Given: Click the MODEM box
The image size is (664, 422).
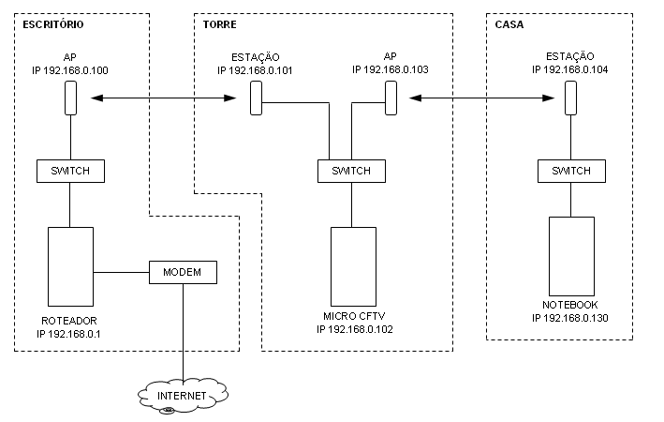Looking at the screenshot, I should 183,272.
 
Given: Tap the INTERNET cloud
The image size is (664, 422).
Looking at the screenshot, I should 182,397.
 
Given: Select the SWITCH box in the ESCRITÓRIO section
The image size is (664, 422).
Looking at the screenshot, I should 70,171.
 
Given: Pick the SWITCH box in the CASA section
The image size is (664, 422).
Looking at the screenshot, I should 570,171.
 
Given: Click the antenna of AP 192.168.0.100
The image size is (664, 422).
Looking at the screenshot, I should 70,98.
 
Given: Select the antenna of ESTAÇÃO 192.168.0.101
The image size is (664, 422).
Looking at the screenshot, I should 256,98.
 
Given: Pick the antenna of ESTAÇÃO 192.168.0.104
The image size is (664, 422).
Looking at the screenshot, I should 570,98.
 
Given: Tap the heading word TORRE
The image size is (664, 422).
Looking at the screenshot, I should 219,23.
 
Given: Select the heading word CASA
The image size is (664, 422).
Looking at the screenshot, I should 509,23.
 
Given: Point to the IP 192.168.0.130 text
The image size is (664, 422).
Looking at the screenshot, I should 570,318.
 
